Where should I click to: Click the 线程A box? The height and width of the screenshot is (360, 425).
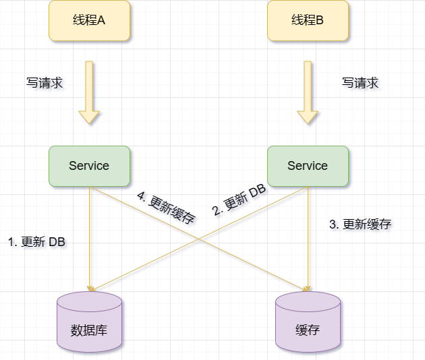[89, 20]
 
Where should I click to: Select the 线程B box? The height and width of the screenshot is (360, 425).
[308, 20]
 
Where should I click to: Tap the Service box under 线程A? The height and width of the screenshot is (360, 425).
[89, 166]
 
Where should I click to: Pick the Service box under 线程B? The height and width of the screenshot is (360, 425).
[308, 166]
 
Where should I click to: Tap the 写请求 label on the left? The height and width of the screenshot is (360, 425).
[45, 84]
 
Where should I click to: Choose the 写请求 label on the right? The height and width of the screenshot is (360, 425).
[360, 84]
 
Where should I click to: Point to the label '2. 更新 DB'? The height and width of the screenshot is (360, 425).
[239, 200]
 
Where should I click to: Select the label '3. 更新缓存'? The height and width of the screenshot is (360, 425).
[360, 224]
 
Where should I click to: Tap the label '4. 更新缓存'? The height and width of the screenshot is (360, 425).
[166, 208]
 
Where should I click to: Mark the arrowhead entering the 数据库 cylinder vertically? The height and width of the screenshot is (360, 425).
[89, 288]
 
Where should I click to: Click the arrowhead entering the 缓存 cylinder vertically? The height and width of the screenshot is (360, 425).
[308, 288]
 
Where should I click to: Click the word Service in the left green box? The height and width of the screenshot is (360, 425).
[89, 166]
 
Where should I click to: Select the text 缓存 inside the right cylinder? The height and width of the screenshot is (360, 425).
[308, 330]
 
